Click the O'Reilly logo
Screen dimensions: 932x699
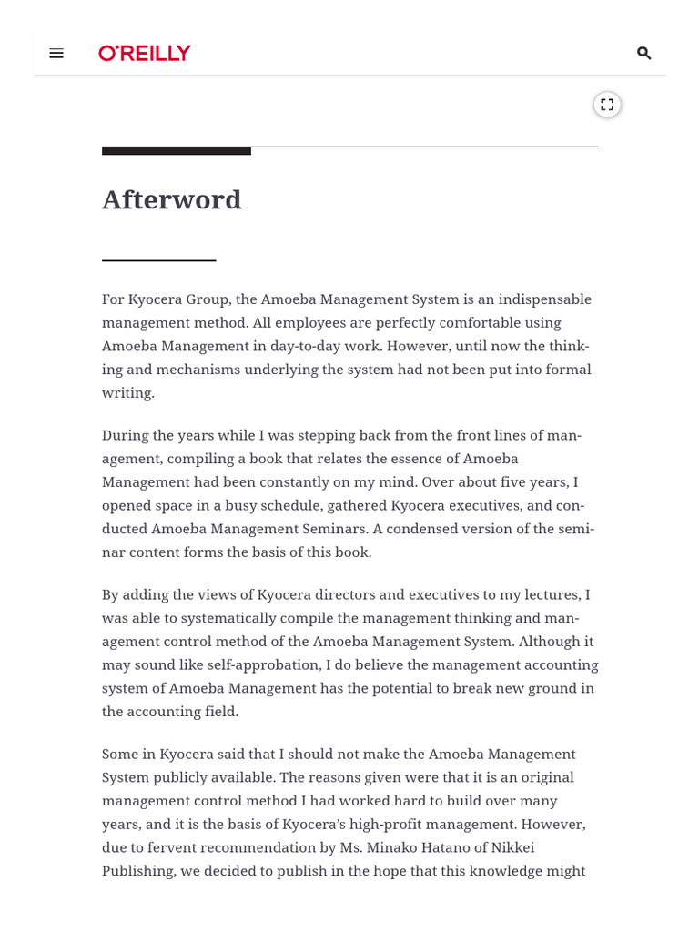click(145, 54)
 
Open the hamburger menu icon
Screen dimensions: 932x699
click(56, 54)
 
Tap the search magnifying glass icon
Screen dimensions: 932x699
click(643, 54)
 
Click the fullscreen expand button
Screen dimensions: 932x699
click(607, 105)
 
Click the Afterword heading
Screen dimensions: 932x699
click(172, 199)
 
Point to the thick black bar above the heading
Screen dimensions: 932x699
click(177, 150)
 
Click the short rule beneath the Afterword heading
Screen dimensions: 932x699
click(158, 261)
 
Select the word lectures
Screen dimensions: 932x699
click(549, 594)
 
